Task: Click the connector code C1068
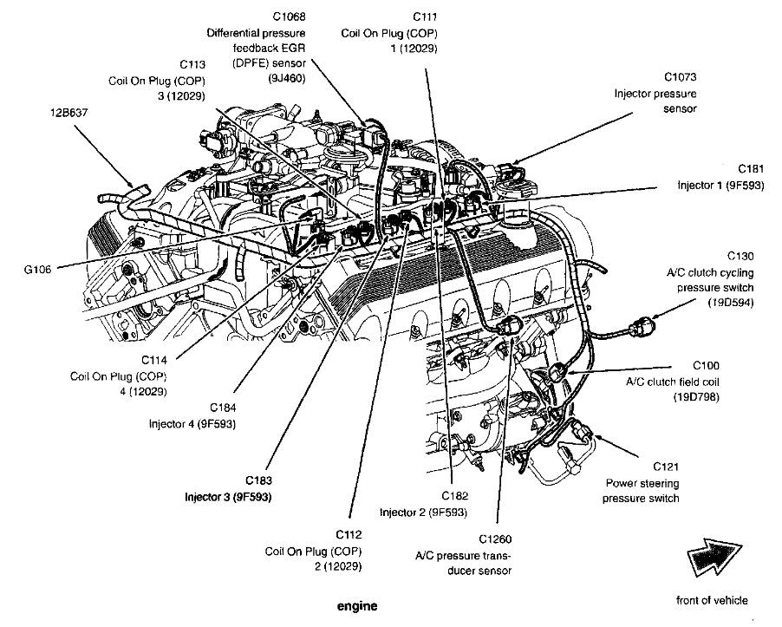click(x=289, y=16)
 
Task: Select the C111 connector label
click(x=425, y=17)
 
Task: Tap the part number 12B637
click(x=68, y=113)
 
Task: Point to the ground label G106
click(x=37, y=270)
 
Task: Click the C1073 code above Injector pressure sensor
click(x=681, y=77)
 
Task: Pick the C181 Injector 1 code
click(x=751, y=168)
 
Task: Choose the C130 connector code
click(x=740, y=256)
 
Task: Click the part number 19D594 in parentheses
click(x=730, y=303)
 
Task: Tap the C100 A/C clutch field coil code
click(x=707, y=366)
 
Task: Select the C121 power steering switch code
click(x=666, y=467)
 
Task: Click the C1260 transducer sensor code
click(x=495, y=539)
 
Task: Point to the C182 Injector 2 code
click(x=455, y=496)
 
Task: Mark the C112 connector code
click(x=349, y=535)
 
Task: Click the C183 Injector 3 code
click(x=259, y=480)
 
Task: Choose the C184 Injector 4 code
click(x=223, y=408)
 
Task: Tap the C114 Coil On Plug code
click(x=154, y=360)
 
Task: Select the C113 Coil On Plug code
click(x=192, y=64)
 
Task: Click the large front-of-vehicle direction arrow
click(x=714, y=556)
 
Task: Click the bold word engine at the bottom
click(x=357, y=606)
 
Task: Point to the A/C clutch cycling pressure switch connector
click(x=638, y=328)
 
